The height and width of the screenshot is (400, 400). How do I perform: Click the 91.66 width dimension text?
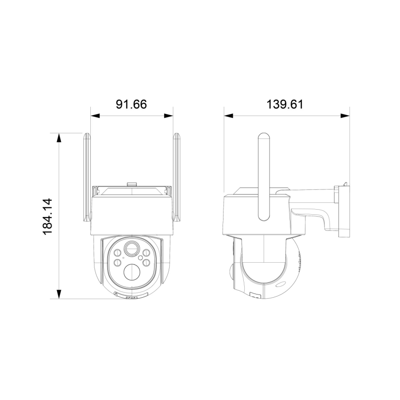(131, 104)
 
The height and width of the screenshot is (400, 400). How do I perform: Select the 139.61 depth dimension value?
(285, 104)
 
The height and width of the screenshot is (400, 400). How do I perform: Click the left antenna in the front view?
(87, 177)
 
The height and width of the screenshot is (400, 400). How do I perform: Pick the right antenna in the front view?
(176, 177)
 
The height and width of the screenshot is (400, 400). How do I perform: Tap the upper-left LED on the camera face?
(117, 253)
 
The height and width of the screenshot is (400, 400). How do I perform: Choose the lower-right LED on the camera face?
(147, 262)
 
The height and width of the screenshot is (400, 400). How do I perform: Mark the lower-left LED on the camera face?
(117, 262)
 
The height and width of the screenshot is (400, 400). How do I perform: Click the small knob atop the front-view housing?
(132, 184)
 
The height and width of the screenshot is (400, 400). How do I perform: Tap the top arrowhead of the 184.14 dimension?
(59, 137)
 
